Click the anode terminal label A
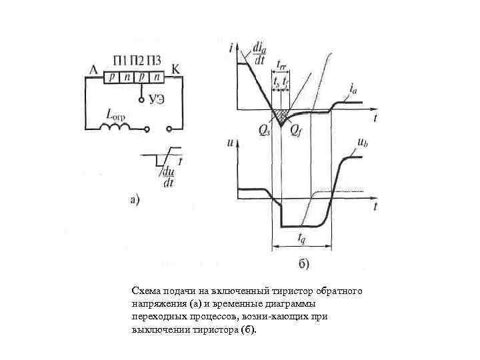(x=92, y=68)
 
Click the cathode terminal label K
(x=175, y=68)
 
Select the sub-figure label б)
(x=303, y=265)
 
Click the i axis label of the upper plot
(x=229, y=47)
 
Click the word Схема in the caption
(x=145, y=292)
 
